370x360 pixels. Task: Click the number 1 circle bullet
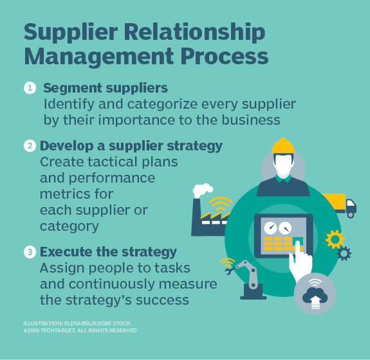coord(30,88)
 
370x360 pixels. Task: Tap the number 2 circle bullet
coord(30,146)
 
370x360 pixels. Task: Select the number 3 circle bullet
coord(30,252)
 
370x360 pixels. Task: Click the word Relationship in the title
coord(194,33)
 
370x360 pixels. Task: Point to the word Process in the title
coord(225,57)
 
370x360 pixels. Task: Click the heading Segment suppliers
coord(106,88)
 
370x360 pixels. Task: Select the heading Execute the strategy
coord(108,252)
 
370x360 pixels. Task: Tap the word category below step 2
coord(69,226)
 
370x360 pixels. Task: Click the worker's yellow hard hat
coord(283,146)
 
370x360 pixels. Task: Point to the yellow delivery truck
coord(340,204)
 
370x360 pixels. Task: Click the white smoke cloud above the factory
coord(202,190)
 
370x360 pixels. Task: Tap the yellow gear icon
coord(335,239)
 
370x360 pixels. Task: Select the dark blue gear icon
coord(344,253)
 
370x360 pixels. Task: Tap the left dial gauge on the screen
coord(270,228)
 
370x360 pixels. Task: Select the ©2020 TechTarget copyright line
coord(80,330)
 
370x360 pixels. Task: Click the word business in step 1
coord(251,120)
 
